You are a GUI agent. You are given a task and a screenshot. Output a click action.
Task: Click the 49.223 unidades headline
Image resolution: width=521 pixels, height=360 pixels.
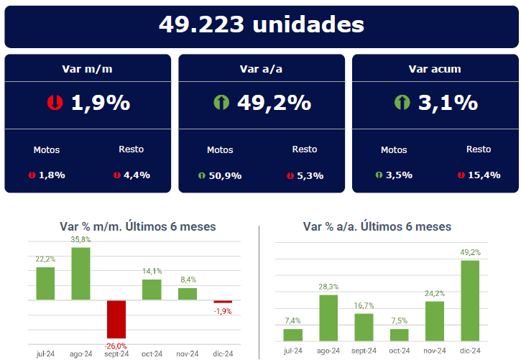[x=261, y=24]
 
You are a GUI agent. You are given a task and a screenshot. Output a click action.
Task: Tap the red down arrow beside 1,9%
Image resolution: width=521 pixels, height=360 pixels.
[x=55, y=103]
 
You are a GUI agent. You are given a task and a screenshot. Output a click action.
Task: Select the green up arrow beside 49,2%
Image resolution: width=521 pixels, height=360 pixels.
[x=221, y=103]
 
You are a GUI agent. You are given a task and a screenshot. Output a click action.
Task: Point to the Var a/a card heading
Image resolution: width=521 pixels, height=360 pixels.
[x=261, y=69]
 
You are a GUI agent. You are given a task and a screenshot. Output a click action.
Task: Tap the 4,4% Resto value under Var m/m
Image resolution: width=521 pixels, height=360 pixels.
[x=137, y=175]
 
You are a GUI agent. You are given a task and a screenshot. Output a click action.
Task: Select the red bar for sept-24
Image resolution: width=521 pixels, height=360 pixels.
[x=116, y=319]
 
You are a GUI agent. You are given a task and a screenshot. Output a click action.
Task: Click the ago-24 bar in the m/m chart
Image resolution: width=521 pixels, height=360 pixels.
[x=80, y=274]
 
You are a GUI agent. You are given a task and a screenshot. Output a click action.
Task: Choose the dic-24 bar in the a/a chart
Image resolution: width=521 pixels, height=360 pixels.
[x=470, y=300]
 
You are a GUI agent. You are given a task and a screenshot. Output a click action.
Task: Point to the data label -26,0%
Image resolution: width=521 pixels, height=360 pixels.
[x=116, y=346]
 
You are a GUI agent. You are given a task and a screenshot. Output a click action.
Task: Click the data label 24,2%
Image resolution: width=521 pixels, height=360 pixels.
[x=435, y=293]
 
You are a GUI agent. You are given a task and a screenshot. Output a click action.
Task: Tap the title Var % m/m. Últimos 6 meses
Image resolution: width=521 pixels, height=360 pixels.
[x=138, y=226]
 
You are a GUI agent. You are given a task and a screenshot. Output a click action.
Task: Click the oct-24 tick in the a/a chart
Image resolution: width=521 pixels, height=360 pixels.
[x=399, y=351]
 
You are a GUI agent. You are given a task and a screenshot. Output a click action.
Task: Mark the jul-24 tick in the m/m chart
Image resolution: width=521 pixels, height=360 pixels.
[x=45, y=354]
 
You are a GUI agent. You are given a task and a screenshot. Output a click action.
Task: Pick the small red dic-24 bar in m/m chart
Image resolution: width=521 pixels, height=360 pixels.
[x=223, y=302]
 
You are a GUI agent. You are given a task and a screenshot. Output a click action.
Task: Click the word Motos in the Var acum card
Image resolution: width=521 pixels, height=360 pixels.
[x=394, y=150]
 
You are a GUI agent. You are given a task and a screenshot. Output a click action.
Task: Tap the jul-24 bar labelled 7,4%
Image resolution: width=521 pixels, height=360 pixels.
[x=292, y=335]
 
